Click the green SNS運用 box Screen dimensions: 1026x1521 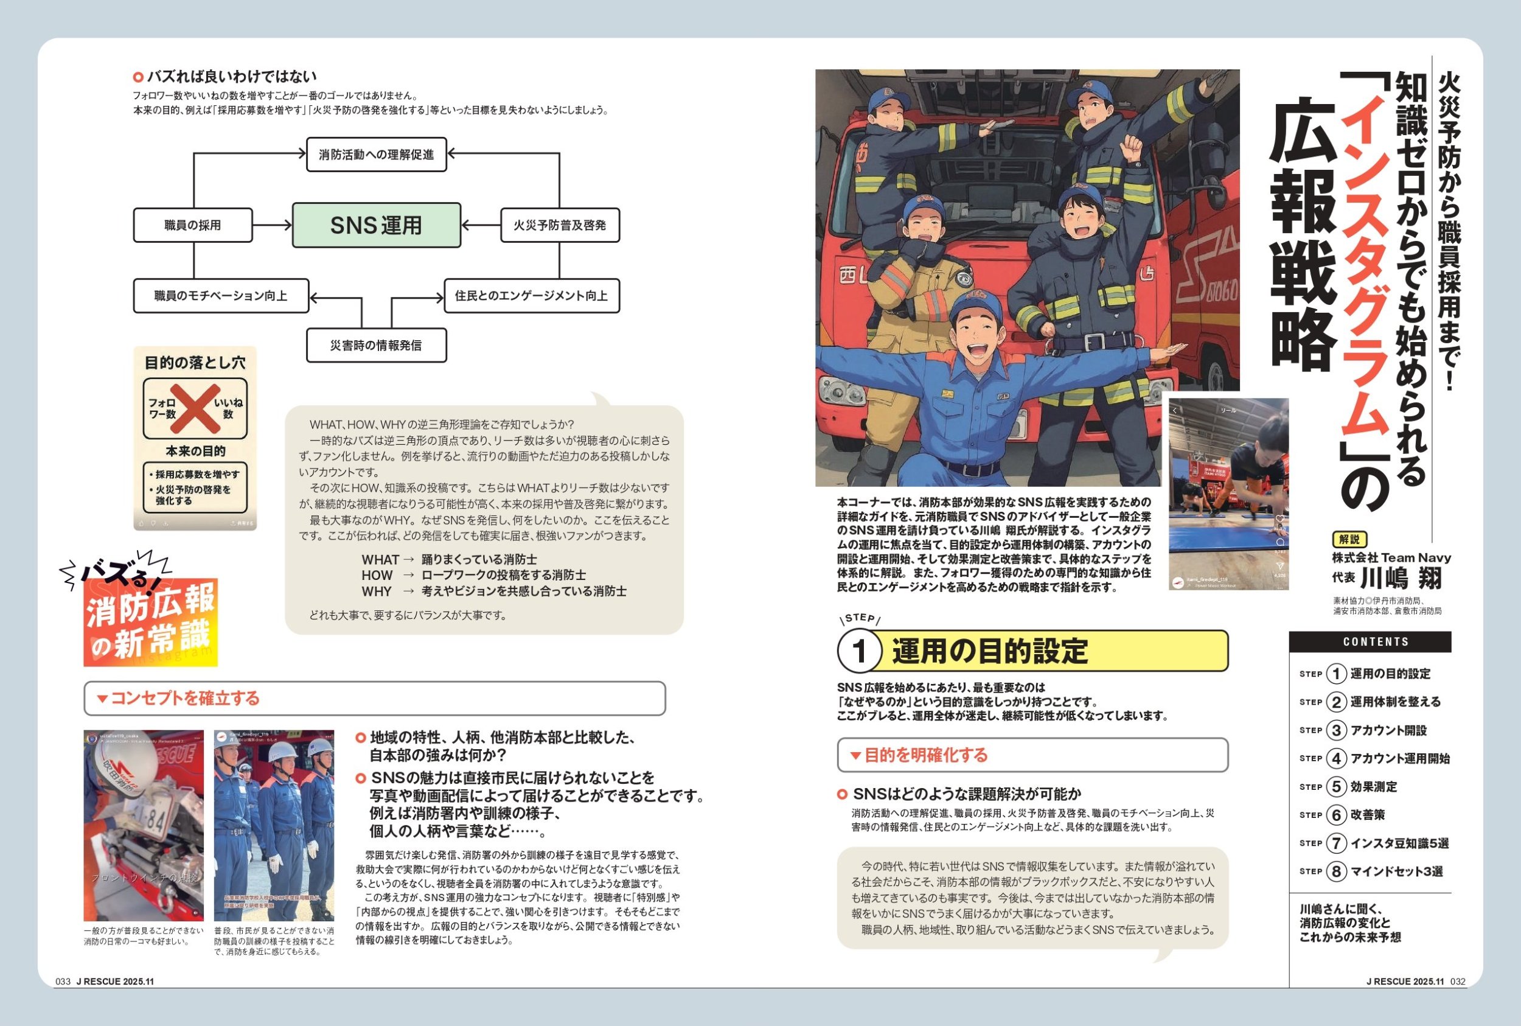point(376,225)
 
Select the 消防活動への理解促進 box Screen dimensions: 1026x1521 point(376,155)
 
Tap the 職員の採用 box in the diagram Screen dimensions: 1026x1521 point(193,225)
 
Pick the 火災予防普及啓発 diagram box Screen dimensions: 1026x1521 point(559,225)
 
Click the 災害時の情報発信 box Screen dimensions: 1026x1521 point(376,345)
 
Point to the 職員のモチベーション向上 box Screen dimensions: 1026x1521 point(220,296)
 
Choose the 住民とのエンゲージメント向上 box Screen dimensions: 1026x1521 point(531,296)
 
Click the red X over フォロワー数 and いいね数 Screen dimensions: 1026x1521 point(195,408)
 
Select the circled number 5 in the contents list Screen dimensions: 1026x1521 point(1336,786)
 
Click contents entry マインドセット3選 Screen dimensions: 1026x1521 point(1396,871)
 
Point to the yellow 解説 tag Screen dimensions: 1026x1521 point(1349,539)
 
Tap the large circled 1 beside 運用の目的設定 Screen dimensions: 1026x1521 point(859,651)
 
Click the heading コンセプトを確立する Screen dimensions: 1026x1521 point(184,698)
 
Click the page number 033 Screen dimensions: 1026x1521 point(63,982)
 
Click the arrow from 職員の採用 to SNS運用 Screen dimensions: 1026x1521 point(272,225)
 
